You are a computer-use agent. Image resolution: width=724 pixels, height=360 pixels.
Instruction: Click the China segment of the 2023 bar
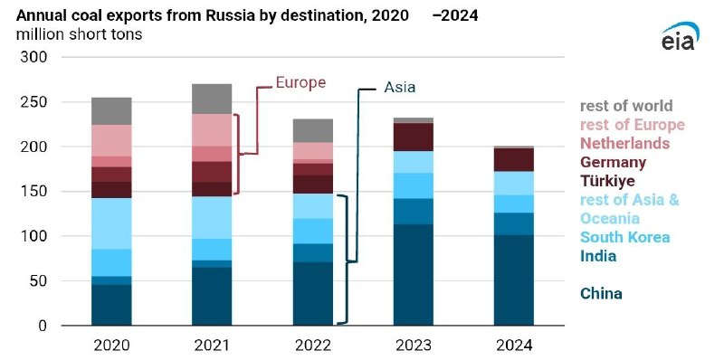pyautogui.click(x=414, y=275)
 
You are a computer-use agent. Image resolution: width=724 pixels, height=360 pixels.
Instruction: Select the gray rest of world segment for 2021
pyautogui.click(x=212, y=99)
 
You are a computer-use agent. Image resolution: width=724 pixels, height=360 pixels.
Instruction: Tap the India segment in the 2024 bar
pyautogui.click(x=514, y=223)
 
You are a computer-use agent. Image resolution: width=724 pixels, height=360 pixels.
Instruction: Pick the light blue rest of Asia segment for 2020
pyautogui.click(x=111, y=223)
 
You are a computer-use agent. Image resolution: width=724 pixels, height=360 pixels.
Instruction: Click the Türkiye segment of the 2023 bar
pyautogui.click(x=414, y=137)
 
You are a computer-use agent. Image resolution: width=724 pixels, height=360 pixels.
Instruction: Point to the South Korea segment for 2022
pyautogui.click(x=312, y=232)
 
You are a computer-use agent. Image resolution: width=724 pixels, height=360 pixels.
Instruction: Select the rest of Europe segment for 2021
pyautogui.click(x=212, y=130)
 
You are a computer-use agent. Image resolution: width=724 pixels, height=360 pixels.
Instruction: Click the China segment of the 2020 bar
pyautogui.click(x=111, y=305)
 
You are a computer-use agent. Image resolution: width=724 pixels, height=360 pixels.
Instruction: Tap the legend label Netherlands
pyautogui.click(x=624, y=143)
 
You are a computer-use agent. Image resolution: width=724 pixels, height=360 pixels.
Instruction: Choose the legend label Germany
pyautogui.click(x=614, y=162)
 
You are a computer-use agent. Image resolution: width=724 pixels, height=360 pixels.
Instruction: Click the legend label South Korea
pyautogui.click(x=624, y=237)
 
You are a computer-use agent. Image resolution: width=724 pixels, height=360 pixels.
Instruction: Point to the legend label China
pyautogui.click(x=601, y=294)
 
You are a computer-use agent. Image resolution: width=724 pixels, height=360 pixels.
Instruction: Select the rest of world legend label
pyautogui.click(x=626, y=106)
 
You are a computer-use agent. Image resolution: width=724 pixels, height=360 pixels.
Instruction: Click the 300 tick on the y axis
pyautogui.click(x=34, y=57)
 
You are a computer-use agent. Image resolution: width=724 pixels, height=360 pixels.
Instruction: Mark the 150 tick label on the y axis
pyautogui.click(x=34, y=192)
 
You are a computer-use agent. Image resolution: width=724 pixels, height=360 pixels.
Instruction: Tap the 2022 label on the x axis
pyautogui.click(x=312, y=346)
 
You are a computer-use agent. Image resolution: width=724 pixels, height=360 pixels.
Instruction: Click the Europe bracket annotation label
pyautogui.click(x=300, y=82)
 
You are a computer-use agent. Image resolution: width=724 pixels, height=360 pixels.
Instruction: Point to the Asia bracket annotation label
pyautogui.click(x=399, y=87)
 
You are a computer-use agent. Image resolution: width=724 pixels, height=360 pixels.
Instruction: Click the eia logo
pyautogui.click(x=681, y=36)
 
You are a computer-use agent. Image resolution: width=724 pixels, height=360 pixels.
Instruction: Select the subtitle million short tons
pyautogui.click(x=80, y=34)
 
